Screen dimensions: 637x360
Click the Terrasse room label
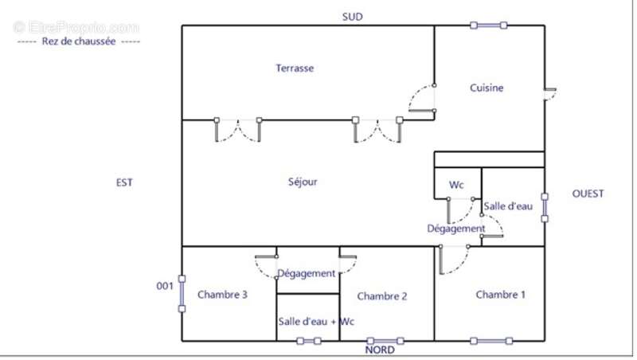[295, 68]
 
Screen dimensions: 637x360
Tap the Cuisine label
[487, 88]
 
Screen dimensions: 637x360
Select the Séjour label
[303, 182]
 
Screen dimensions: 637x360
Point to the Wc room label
[456, 185]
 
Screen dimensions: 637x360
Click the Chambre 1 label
[500, 295]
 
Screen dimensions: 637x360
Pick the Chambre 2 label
[382, 296]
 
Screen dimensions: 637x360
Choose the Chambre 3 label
[222, 295]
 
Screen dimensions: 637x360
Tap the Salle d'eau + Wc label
[316, 322]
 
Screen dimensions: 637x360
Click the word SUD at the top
[352, 17]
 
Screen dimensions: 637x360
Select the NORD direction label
[380, 350]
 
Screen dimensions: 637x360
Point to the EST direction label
[124, 182]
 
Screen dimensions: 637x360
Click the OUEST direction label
[588, 194]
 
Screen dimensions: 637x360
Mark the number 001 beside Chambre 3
[165, 286]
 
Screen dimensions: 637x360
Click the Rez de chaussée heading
[79, 41]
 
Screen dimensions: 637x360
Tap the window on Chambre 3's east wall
[182, 294]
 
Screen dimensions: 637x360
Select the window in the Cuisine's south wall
[488, 25]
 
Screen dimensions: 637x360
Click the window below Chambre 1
[491, 341]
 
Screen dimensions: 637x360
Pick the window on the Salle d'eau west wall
[545, 208]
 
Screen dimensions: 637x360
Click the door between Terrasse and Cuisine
[422, 98]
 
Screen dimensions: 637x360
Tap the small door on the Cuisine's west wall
[550, 94]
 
